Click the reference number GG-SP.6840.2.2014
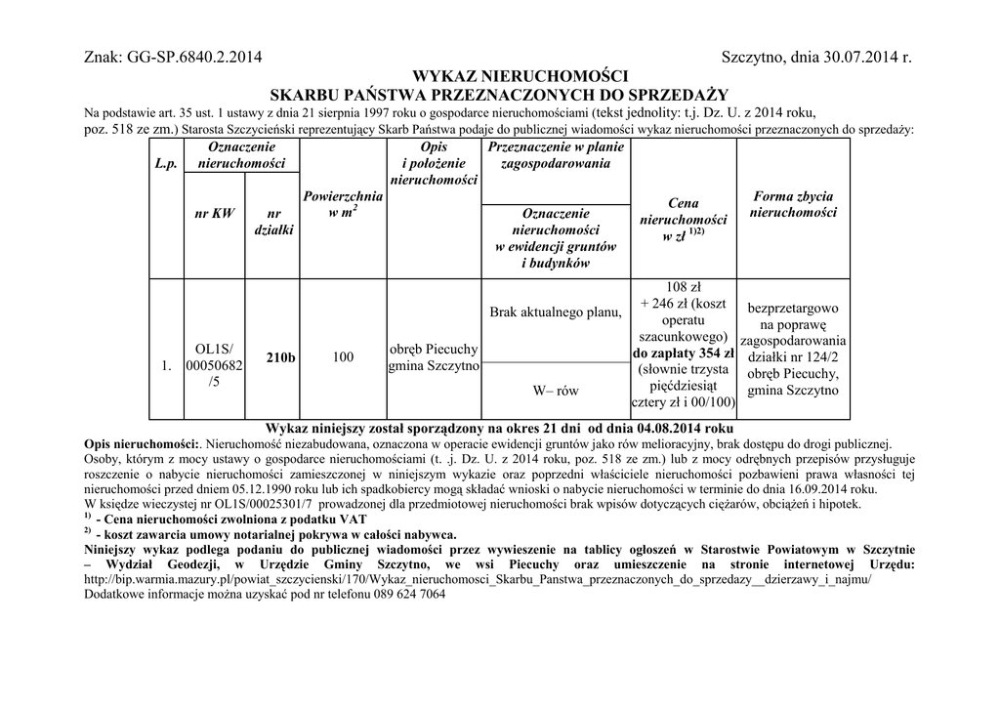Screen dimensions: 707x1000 (195, 59)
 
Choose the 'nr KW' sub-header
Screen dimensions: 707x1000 (215, 214)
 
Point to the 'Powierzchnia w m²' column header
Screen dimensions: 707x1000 (343, 205)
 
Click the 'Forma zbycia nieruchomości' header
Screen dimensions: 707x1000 (793, 204)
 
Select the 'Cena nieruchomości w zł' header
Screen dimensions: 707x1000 (683, 221)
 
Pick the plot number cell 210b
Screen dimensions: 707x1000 (280, 358)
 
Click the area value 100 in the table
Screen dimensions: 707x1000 (343, 358)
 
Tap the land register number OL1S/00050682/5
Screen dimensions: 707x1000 (215, 365)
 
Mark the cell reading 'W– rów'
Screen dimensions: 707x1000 (556, 391)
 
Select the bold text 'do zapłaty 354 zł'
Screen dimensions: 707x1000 (684, 353)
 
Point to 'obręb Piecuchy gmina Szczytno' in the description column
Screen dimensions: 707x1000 (433, 357)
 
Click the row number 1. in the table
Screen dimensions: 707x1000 (166, 366)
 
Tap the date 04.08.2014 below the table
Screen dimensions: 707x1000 (673, 429)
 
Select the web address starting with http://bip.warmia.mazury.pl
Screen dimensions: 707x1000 (478, 578)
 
